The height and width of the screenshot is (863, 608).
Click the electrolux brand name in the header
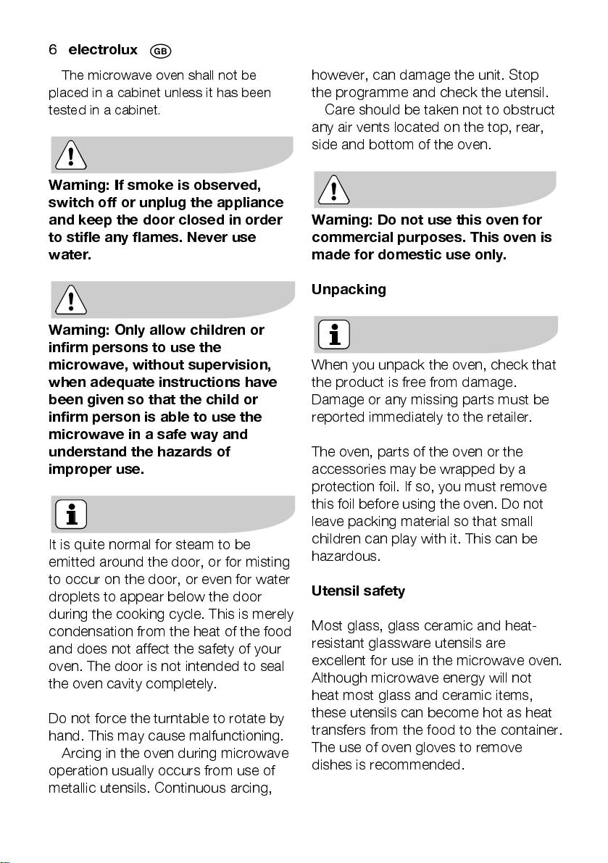[102, 50]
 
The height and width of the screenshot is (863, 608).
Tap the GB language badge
[160, 51]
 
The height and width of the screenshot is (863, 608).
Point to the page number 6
[52, 50]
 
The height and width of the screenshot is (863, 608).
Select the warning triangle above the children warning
[70, 299]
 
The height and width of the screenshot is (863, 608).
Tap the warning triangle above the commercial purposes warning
[333, 190]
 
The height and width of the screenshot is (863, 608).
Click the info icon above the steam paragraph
[71, 514]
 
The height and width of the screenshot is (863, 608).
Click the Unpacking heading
[349, 289]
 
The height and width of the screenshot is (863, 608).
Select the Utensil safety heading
[358, 591]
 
